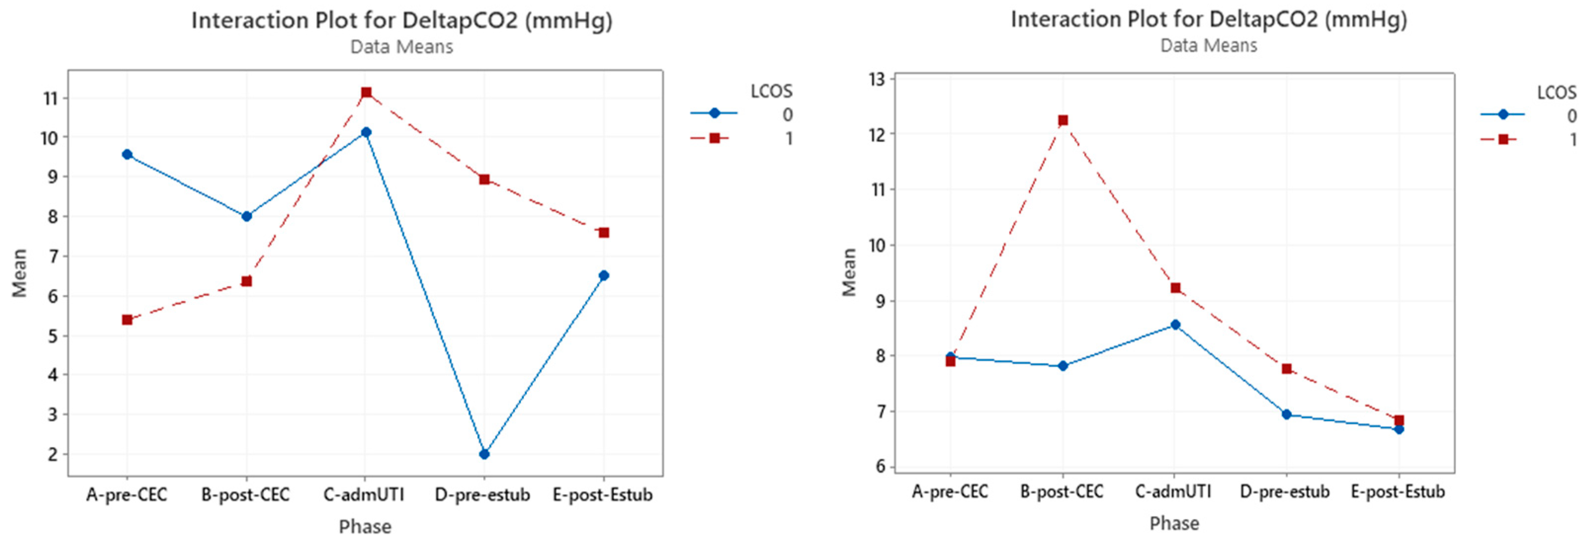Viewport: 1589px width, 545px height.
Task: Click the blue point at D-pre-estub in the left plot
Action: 484,454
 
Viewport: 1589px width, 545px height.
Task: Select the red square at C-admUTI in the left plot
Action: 366,92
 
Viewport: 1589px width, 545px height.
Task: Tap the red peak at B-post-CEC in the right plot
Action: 1063,120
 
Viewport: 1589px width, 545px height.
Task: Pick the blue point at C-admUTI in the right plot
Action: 1175,325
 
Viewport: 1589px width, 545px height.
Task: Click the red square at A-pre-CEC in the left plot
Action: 127,319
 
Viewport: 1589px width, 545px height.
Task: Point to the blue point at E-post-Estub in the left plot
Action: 604,275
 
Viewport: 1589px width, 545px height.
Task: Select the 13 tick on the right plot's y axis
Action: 877,79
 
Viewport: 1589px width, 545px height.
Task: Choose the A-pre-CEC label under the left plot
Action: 126,495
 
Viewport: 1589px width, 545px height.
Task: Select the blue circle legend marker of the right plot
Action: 1503,115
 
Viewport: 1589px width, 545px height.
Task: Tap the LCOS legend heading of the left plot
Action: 771,91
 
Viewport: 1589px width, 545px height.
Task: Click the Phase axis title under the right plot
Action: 1174,523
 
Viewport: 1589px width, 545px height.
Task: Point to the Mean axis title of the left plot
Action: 20,272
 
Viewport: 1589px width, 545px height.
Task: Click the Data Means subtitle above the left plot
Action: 402,47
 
